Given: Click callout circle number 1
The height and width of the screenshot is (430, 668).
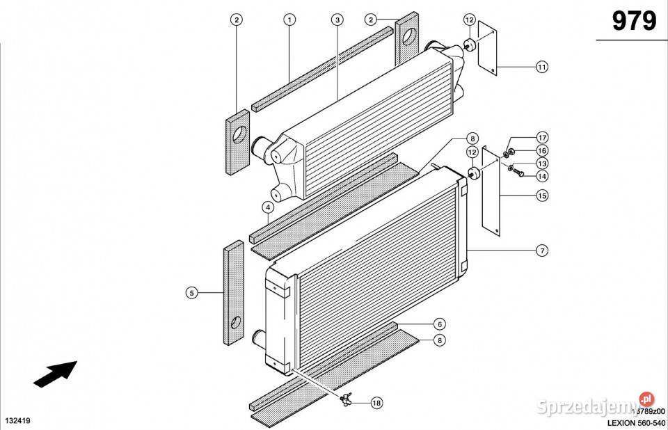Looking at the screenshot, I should pos(289,20).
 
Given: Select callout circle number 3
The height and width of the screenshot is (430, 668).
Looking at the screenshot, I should pos(337,20).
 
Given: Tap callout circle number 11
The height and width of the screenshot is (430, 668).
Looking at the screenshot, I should pos(542,67).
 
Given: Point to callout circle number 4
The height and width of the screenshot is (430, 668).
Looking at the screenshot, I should pos(268,207).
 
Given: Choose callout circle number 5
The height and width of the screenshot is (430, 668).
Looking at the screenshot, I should pos(191,294).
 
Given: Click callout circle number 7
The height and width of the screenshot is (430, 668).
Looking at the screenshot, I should pos(542,250).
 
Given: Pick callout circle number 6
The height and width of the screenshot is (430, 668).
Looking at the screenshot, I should pos(439,324).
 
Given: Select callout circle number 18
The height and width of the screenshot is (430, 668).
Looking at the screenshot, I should pos(376,402).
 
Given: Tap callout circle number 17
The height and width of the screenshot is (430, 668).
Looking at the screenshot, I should pos(542,136).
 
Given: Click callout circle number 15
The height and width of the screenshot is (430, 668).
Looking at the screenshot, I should pos(542,196).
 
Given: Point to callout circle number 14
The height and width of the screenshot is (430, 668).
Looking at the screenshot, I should pos(542,176).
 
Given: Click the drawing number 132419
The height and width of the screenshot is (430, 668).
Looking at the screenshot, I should pos(19,422).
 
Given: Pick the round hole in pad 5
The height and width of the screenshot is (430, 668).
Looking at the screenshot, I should pos(237,322).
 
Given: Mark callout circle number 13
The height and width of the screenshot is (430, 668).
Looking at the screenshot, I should pos(542,163).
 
